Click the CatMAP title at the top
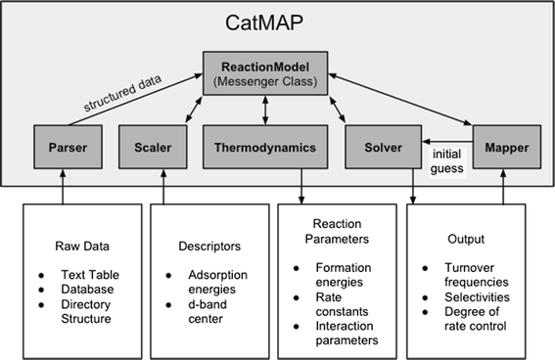[x=277, y=22]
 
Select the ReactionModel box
[x=265, y=73]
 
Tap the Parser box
[x=62, y=147]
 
